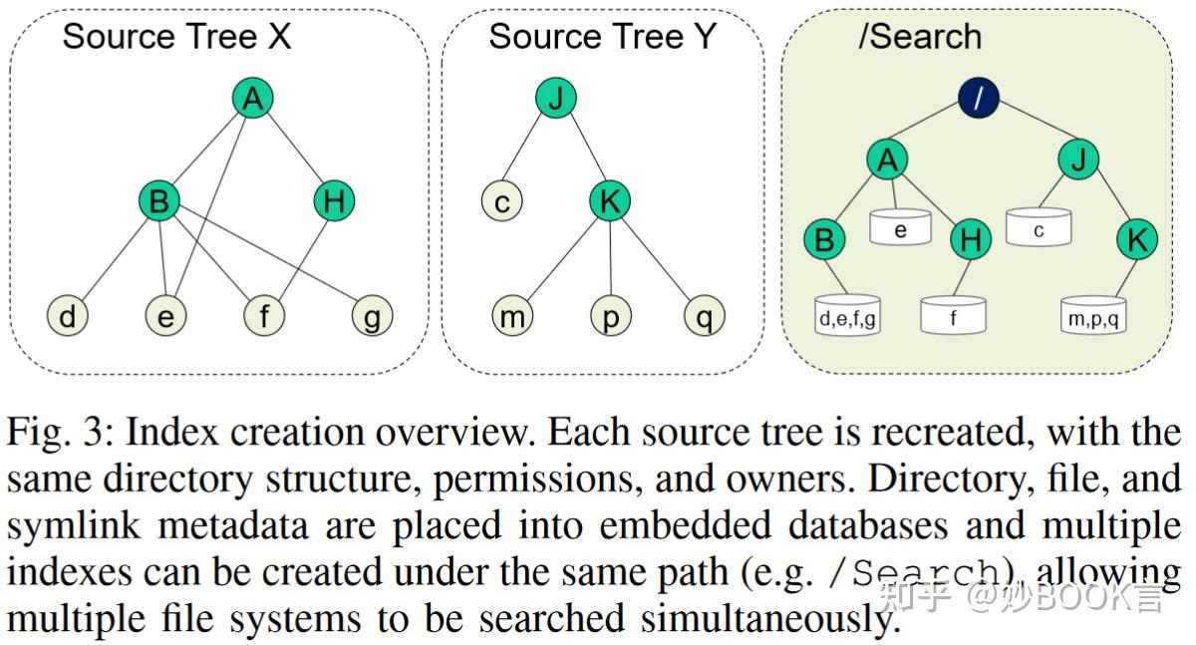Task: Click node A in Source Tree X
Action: (x=253, y=98)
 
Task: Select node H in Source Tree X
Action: (x=334, y=202)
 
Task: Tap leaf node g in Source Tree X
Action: (x=372, y=317)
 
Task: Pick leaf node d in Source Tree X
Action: (x=67, y=317)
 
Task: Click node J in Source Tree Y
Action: (x=556, y=98)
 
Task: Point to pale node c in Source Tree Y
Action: (x=502, y=202)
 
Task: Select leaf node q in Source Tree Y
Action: (x=704, y=317)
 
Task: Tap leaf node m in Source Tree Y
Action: (x=511, y=317)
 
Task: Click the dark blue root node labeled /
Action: (x=979, y=98)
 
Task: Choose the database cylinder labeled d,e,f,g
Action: (x=847, y=316)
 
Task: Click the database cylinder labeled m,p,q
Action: (x=1093, y=316)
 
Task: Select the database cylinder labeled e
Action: (x=900, y=228)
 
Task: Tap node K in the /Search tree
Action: (x=1136, y=239)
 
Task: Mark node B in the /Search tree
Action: (x=824, y=239)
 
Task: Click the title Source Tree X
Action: (x=176, y=37)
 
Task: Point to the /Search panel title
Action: (x=919, y=37)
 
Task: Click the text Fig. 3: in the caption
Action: (x=60, y=434)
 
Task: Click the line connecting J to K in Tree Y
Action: (x=582, y=150)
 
